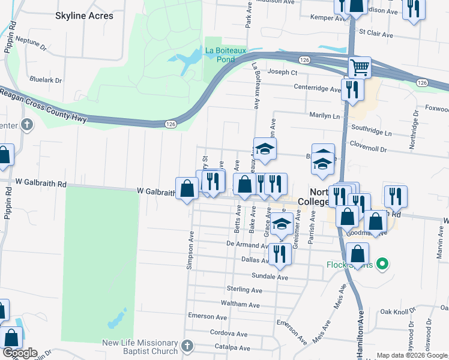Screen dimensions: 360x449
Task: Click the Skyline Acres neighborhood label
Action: pyautogui.click(x=83, y=16)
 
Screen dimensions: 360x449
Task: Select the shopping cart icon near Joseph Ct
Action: pyautogui.click(x=359, y=67)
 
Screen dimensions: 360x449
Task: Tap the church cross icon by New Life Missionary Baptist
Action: pyautogui.click(x=187, y=346)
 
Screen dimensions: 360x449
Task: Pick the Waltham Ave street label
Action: pyautogui.click(x=240, y=304)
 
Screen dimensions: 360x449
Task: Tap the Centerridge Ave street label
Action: pyautogui.click(x=317, y=88)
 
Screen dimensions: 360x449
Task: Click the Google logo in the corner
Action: pyautogui.click(x=19, y=353)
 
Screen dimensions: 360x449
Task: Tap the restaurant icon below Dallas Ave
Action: pyautogui.click(x=280, y=253)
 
